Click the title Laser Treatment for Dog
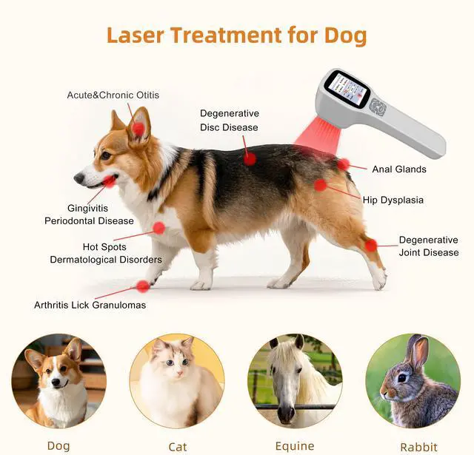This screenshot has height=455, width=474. tap(236, 35)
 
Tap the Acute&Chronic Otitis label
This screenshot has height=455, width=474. tap(113, 95)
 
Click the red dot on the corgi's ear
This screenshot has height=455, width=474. tap(138, 129)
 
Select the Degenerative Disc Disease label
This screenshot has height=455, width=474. tap(230, 121)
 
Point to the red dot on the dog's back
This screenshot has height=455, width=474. tap(250, 158)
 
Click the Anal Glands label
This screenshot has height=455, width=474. tap(399, 169)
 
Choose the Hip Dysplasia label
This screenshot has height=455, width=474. tap(393, 200)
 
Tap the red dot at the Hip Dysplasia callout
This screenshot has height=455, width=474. tap(320, 185)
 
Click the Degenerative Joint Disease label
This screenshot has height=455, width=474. tap(428, 246)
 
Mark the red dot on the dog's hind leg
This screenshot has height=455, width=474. tap(370, 245)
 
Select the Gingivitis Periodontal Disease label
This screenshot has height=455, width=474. tap(89, 215)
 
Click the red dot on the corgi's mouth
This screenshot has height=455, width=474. tap(110, 181)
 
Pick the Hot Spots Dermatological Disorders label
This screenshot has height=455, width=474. tap(105, 253)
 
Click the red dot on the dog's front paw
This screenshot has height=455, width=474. tap(143, 286)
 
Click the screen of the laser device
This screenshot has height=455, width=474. tap(347, 91)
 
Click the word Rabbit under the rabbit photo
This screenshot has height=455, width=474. tap(418, 447)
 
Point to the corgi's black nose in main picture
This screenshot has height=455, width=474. tap(79, 178)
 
